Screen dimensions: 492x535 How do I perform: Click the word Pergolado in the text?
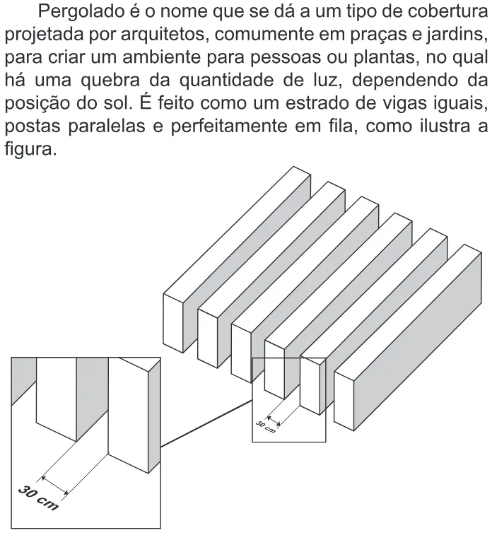coord(80,12)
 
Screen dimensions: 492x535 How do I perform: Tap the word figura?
coord(30,149)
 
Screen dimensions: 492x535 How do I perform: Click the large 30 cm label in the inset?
coord(38,499)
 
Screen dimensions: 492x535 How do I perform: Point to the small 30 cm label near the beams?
coord(266,428)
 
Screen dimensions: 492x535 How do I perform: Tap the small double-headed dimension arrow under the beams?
coord(274,421)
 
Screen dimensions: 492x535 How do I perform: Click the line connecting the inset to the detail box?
coord(206,424)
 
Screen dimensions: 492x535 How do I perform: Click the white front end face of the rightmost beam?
coord(344,401)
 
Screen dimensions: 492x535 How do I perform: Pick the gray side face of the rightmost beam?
coord(418,341)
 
